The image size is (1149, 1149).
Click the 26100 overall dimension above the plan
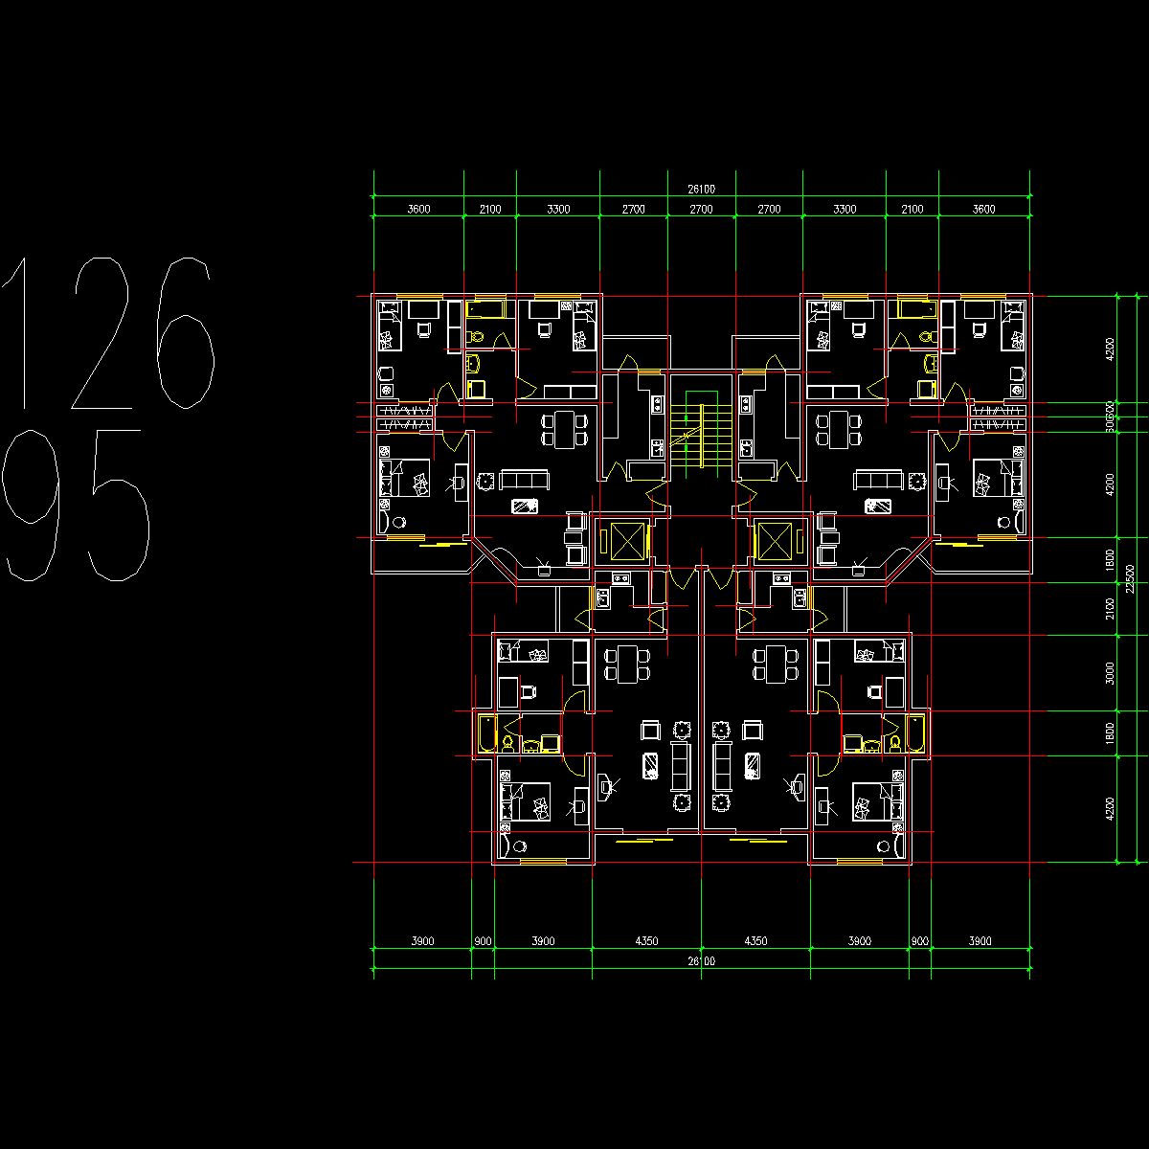(701, 190)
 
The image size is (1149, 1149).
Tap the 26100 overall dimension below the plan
(701, 961)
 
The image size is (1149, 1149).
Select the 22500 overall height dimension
(1131, 578)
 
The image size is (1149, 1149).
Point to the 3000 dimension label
(1110, 673)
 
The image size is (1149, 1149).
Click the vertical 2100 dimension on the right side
(1110, 609)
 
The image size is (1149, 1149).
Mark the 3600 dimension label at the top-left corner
(418, 209)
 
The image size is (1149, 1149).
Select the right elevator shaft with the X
(773, 541)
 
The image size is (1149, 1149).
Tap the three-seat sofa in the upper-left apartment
(523, 480)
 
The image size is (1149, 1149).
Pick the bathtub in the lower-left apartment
(486, 732)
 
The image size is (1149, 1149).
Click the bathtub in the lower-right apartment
(916, 732)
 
